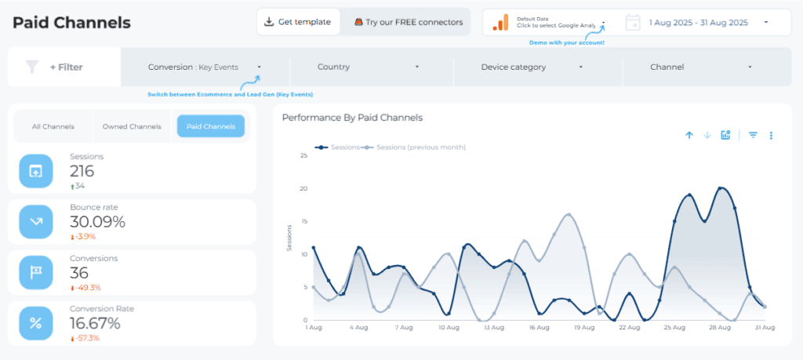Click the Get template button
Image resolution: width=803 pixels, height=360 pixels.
click(x=298, y=22)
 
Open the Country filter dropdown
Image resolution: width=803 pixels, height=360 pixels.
click(x=368, y=67)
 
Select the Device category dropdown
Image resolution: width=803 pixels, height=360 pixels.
click(x=532, y=67)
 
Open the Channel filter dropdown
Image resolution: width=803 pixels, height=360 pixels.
click(x=700, y=67)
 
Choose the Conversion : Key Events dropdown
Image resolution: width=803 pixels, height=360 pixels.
click(x=205, y=67)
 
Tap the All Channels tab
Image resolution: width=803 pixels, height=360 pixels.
click(x=53, y=126)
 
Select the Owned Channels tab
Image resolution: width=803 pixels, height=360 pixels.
click(x=132, y=126)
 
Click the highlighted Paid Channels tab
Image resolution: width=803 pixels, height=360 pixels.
click(x=210, y=126)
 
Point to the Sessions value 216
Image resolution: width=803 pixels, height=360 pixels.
click(x=82, y=172)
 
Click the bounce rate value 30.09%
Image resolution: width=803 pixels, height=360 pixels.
click(x=97, y=222)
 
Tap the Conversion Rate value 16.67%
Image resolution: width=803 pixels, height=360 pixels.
click(x=95, y=323)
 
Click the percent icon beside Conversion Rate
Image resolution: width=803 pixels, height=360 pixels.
click(x=36, y=323)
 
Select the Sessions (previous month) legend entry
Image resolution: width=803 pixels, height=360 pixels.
click(x=420, y=147)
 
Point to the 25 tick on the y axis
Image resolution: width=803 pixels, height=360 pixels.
click(x=303, y=155)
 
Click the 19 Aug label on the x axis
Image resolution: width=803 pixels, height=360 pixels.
click(x=583, y=327)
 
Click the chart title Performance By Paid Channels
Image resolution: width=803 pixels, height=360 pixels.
click(x=352, y=118)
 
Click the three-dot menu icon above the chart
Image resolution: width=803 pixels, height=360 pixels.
click(x=771, y=136)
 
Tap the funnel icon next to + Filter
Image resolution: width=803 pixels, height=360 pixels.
click(x=31, y=67)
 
